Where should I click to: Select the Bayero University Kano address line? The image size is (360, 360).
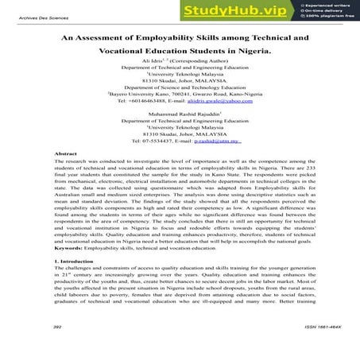point(180,94)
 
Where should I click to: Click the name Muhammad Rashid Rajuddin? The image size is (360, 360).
point(177,114)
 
